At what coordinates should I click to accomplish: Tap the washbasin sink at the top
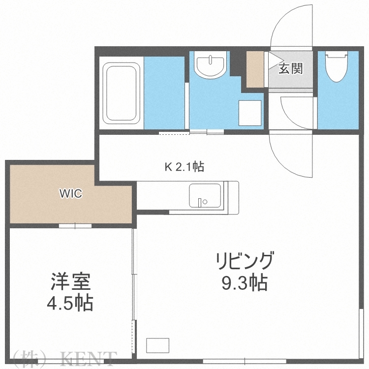(210, 65)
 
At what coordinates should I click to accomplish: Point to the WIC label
(71, 193)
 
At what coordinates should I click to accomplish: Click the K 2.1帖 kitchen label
(184, 167)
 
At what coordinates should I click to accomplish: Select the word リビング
(243, 259)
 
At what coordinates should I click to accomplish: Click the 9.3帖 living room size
(243, 283)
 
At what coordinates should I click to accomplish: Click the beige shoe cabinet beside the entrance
(255, 69)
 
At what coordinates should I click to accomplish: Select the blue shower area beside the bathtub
(164, 92)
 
